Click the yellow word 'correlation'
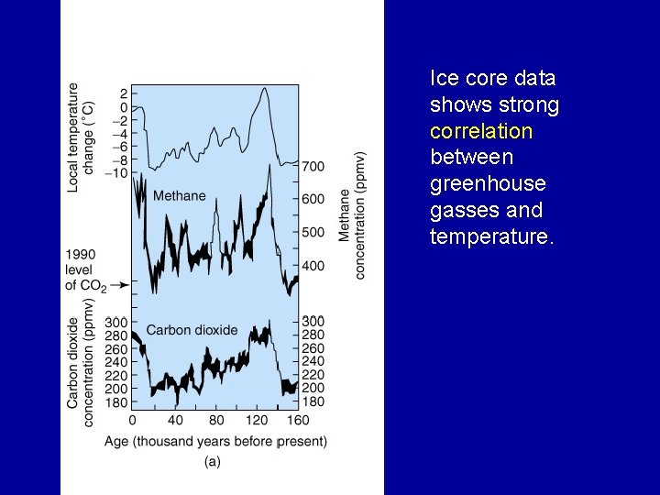[480, 131]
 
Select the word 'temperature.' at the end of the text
[492, 237]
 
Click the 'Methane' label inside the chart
[179, 195]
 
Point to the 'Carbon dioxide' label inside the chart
[192, 330]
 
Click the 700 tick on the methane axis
[313, 166]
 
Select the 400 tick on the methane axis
[313, 266]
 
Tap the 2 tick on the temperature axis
[123, 93]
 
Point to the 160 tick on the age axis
[298, 421]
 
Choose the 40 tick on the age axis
[175, 421]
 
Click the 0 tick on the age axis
[133, 421]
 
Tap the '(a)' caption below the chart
[212, 462]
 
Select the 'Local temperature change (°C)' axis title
[81, 136]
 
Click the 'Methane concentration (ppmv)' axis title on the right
[352, 215]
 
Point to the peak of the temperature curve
[264, 89]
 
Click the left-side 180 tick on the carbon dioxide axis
[115, 401]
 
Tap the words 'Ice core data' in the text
[493, 78]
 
